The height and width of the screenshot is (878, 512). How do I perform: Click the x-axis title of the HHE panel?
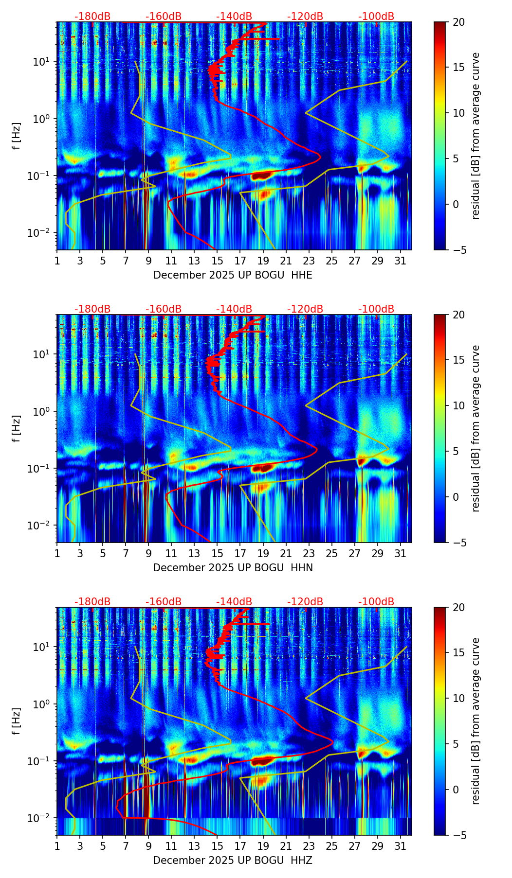coord(233,275)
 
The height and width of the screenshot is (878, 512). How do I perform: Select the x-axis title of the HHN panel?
coord(233,568)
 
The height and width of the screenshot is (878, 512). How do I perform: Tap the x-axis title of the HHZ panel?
coord(233,860)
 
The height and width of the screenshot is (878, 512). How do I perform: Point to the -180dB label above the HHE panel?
coord(92,17)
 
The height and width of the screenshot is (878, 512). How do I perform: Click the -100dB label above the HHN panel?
coord(376,309)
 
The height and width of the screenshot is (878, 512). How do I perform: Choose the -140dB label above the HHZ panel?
coord(234,602)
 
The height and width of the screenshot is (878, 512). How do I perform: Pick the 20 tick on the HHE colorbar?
coord(458,22)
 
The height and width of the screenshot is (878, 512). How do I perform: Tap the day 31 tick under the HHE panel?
coord(401,261)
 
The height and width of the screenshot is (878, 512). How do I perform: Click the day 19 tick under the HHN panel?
coord(263,554)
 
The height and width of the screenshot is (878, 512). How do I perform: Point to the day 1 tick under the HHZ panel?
coord(57,846)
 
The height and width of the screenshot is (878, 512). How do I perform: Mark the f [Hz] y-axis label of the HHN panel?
coord(17,428)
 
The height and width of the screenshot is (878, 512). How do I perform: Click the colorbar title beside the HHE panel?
coord(475,136)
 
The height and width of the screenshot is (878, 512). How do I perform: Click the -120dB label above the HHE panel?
coord(305,17)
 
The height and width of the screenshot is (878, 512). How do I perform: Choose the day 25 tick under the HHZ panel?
coord(332,846)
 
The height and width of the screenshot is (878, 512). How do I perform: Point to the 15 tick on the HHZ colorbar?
coord(458,653)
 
